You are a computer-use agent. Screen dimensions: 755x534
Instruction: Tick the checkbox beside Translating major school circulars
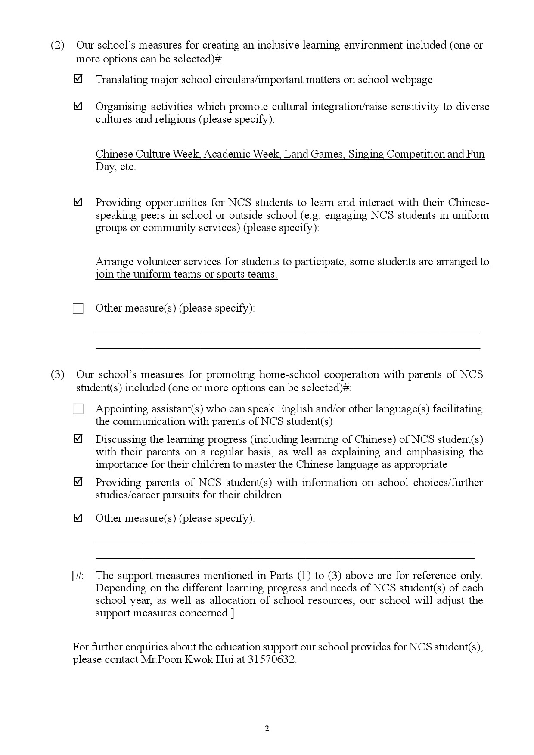pos(78,79)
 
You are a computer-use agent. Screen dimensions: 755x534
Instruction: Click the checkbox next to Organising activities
pos(78,106)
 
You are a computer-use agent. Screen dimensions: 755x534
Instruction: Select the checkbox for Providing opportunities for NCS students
pos(78,202)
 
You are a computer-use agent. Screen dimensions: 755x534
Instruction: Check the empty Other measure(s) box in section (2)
pos(78,309)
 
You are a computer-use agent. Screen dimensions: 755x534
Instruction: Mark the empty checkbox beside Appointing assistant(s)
pos(78,409)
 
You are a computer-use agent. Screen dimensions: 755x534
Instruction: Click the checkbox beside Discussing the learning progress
pos(78,439)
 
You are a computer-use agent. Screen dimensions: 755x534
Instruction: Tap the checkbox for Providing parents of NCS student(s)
pos(78,482)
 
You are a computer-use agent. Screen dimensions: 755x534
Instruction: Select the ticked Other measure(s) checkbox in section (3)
pos(78,518)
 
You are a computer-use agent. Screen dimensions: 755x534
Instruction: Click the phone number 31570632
pos(271,659)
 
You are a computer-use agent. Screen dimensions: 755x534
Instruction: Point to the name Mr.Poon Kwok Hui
pos(187,659)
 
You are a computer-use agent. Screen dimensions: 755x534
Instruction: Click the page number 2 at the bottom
pos(267,728)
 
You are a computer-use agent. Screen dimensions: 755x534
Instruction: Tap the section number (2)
pos(58,45)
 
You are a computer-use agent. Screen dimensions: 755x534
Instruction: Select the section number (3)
pos(58,374)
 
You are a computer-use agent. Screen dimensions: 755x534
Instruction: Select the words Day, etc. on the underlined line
pos(116,167)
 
